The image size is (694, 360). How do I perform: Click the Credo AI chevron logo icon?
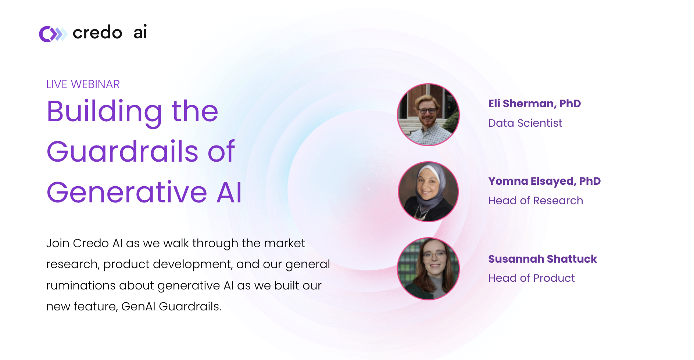pyautogui.click(x=53, y=34)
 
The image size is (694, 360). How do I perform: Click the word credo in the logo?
pyautogui.click(x=97, y=33)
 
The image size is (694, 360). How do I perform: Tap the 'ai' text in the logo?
pyautogui.click(x=140, y=32)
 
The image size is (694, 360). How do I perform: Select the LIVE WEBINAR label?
pyautogui.click(x=83, y=84)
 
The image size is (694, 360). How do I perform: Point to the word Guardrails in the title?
pyautogui.click(x=122, y=152)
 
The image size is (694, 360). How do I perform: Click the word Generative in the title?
pyautogui.click(x=127, y=192)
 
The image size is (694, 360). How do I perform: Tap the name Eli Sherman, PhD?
pyautogui.click(x=534, y=104)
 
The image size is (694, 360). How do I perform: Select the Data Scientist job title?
pyautogui.click(x=525, y=123)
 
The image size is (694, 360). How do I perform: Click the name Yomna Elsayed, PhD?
pyautogui.click(x=544, y=181)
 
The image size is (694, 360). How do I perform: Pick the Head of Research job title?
pyautogui.click(x=535, y=201)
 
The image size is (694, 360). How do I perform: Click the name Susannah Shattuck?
pyautogui.click(x=542, y=259)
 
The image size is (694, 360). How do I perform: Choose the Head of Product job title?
pyautogui.click(x=531, y=278)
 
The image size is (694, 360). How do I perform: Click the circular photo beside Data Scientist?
pyautogui.click(x=428, y=115)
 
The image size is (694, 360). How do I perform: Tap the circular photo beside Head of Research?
pyautogui.click(x=428, y=192)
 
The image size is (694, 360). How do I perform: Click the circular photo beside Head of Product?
pyautogui.click(x=428, y=269)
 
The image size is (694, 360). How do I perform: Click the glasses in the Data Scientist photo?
pyautogui.click(x=427, y=111)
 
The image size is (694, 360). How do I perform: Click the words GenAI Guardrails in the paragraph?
pyautogui.click(x=171, y=306)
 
